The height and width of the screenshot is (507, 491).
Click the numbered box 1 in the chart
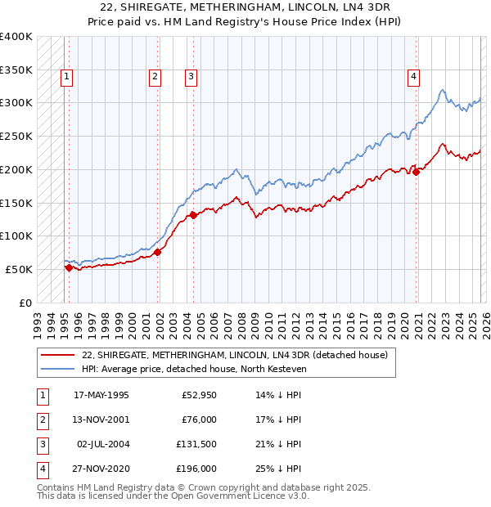(66, 78)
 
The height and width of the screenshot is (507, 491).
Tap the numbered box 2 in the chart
(155, 78)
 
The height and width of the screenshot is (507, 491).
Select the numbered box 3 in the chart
(191, 78)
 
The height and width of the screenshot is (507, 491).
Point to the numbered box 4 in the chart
(414, 78)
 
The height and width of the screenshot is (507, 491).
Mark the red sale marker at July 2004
(193, 215)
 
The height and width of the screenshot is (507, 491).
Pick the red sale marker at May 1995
(69, 267)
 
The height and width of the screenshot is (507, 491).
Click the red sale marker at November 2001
(158, 252)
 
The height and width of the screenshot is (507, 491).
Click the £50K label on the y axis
(20, 269)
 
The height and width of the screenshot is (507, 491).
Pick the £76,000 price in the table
(199, 420)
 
